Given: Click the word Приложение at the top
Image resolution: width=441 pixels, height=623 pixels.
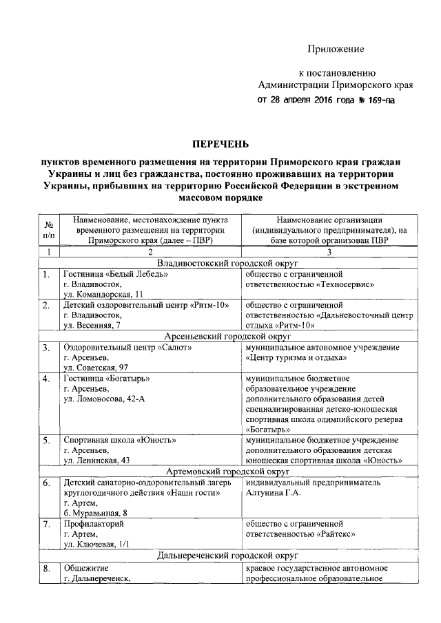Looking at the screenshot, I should pos(336,50).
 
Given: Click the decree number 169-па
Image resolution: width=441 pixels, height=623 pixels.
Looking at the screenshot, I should pos(377,100).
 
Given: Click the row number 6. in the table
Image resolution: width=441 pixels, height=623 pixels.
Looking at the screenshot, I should pos(47,483).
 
